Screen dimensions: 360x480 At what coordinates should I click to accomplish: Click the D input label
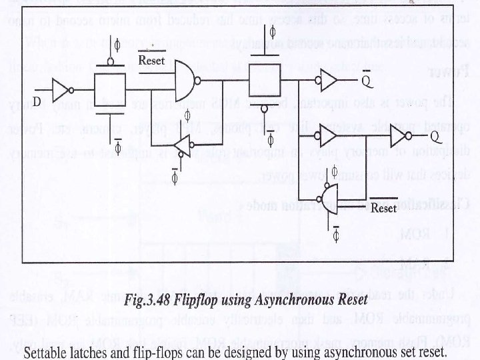point(38,101)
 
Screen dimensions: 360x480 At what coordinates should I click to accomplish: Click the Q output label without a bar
point(433,138)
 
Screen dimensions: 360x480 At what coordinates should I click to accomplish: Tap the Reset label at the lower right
point(383,208)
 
